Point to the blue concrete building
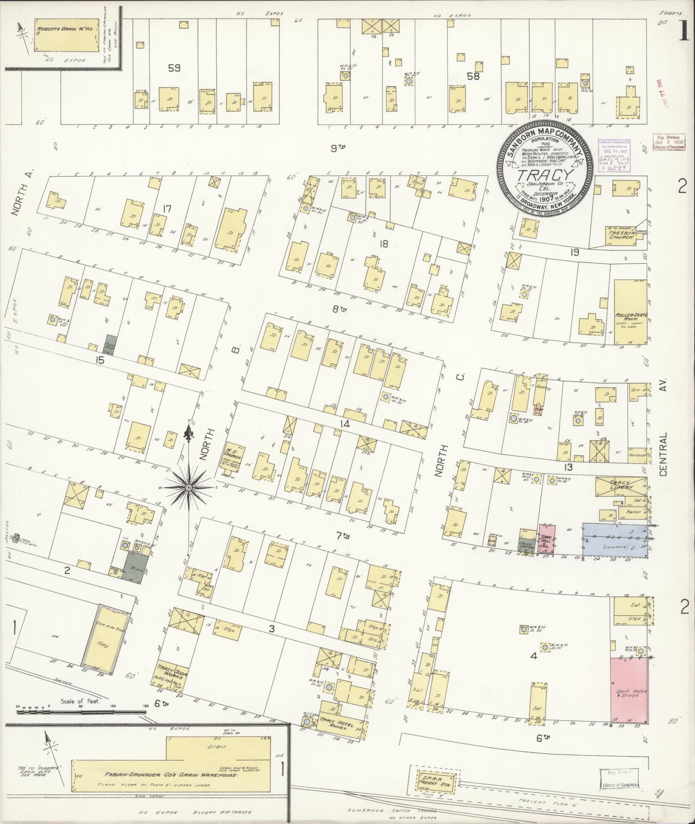click(x=614, y=541)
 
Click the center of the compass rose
click(x=188, y=487)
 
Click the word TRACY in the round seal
click(x=545, y=175)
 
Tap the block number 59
click(x=175, y=68)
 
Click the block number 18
click(x=383, y=244)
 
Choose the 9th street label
click(x=338, y=149)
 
